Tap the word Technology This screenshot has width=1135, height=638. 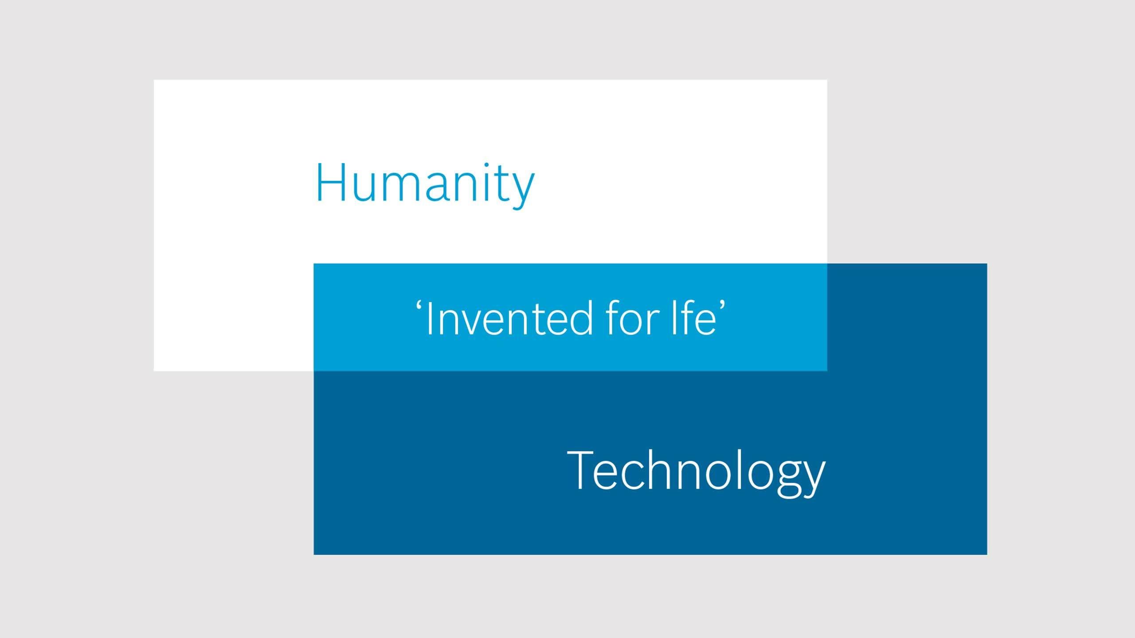696,472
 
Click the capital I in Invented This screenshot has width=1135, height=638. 428,319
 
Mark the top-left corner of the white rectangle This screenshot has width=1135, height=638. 154,80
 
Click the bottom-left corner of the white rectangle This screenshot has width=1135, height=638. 154,371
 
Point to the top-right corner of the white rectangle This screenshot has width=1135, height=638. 827,80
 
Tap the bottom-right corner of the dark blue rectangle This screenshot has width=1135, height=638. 987,554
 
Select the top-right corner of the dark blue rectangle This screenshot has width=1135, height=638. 987,264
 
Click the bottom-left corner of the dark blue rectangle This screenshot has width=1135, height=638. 314,554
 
